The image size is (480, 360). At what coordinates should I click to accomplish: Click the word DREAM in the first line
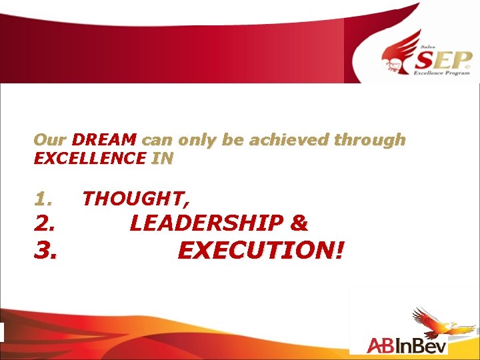pos(104,140)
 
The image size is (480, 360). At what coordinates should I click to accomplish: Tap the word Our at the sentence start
pos(49,140)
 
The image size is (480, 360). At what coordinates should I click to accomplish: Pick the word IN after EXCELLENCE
pos(162,158)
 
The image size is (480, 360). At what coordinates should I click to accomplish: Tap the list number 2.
pos(45,223)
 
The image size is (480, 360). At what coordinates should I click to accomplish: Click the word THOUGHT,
pos(136,199)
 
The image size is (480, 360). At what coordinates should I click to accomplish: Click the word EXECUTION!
pos(261,250)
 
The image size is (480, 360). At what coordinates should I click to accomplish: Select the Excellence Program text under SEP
pos(445,75)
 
